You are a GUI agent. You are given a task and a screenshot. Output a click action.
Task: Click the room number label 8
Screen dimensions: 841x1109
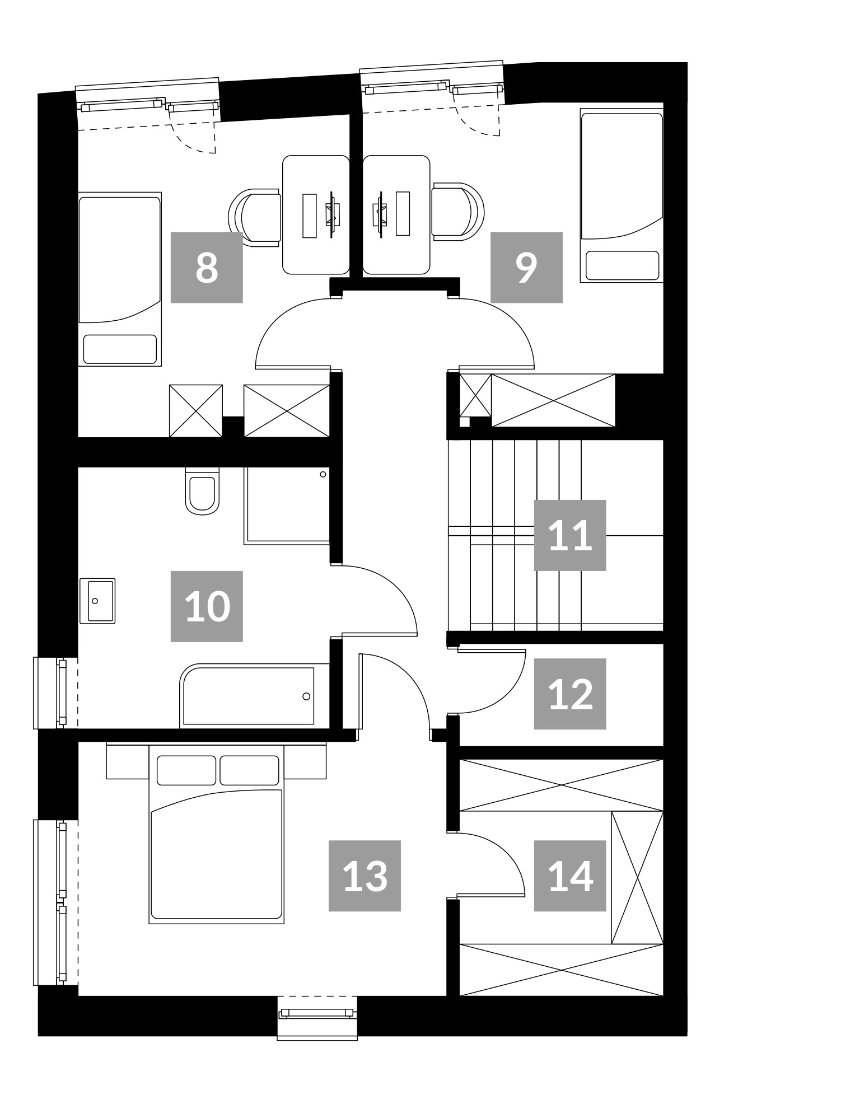207,267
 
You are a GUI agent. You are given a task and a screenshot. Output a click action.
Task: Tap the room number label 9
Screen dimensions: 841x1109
526,267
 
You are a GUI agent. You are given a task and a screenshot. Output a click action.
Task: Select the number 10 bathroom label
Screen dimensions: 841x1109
207,606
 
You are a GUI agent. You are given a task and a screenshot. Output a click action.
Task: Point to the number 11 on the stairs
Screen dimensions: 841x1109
570,535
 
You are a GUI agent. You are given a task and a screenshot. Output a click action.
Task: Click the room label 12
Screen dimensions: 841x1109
570,694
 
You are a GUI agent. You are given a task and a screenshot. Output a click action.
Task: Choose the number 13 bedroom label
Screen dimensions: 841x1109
365,876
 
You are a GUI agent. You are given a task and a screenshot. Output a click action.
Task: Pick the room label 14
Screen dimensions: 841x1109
570,876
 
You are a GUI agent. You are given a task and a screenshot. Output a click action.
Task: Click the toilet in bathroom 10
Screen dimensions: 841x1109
202,491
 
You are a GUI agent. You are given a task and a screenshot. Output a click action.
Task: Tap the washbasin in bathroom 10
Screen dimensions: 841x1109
97,601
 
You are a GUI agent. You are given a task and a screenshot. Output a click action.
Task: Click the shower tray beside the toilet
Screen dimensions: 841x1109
287,506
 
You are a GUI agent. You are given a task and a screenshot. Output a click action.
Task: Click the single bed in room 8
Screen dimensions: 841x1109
120,279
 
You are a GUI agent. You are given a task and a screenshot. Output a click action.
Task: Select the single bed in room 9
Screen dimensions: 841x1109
622,195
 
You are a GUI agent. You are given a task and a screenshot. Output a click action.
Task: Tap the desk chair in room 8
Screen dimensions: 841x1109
255,217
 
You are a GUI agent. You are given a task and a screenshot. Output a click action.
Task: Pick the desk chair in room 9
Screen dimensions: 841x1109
457,212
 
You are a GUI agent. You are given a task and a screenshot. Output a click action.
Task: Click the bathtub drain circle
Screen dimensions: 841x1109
306,696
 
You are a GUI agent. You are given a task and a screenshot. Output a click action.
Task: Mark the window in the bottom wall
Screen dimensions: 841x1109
317,1014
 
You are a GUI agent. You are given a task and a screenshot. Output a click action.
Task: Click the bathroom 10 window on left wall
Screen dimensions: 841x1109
55,692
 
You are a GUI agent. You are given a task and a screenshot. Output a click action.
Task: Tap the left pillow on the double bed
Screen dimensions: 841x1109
186,770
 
